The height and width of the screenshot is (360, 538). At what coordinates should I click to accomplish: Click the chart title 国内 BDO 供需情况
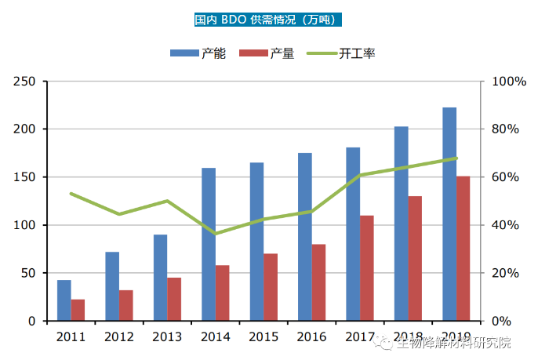(x=268, y=20)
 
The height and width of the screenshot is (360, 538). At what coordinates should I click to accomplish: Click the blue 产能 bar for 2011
(x=64, y=300)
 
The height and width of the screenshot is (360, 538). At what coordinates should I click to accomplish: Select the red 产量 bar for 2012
(x=125, y=305)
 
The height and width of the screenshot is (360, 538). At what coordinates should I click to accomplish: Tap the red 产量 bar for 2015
(x=270, y=287)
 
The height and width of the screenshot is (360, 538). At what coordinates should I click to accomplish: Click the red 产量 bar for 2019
(x=463, y=249)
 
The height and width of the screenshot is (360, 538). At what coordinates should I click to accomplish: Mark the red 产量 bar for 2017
(x=366, y=268)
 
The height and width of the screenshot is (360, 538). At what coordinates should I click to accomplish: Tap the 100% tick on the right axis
(x=507, y=82)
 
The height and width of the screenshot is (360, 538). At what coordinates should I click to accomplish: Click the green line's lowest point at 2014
(x=216, y=234)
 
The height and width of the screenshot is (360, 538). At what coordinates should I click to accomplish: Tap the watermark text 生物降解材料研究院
(x=453, y=343)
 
